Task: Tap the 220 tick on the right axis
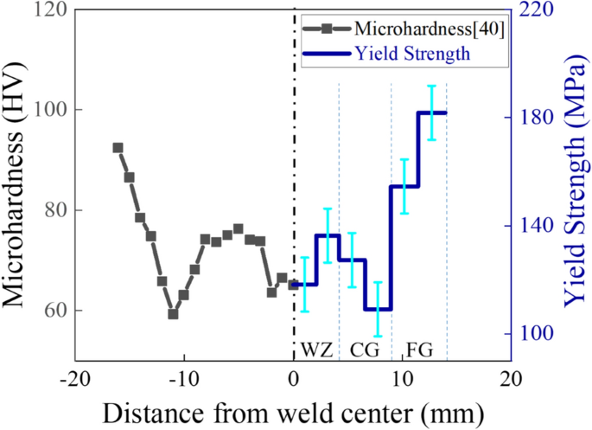click(537, 10)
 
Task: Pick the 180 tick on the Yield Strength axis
click(537, 118)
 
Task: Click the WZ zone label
click(316, 350)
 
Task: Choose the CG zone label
click(365, 350)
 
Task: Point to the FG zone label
click(418, 350)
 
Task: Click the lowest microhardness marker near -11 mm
click(173, 314)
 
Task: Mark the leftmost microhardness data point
click(118, 148)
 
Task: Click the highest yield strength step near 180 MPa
click(432, 112)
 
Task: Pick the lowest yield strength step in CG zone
click(378, 309)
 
